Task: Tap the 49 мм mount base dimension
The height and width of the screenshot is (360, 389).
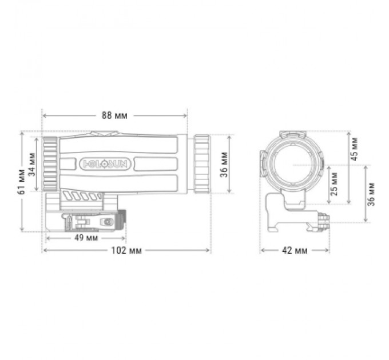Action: pyautogui.click(x=85, y=237)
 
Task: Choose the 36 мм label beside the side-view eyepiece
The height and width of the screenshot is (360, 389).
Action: pyautogui.click(x=224, y=165)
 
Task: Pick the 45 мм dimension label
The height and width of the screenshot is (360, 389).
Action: pyautogui.click(x=354, y=147)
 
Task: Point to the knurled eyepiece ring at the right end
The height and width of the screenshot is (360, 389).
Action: pyautogui.click(x=202, y=164)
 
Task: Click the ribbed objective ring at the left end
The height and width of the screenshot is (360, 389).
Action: pyautogui.click(x=49, y=165)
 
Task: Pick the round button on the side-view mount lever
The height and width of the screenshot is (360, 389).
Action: pyautogui.click(x=106, y=221)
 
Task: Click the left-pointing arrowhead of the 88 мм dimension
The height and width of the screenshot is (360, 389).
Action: pyautogui.click(x=46, y=115)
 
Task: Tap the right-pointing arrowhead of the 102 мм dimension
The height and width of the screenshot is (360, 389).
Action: pyautogui.click(x=208, y=251)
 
